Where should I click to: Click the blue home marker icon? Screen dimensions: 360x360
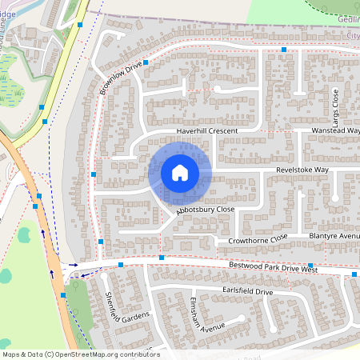180,173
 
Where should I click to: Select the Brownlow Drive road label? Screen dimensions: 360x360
121,78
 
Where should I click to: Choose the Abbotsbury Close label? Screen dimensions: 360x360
206,210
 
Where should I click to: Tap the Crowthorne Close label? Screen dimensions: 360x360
257,239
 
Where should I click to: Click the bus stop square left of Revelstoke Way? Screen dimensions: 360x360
94,174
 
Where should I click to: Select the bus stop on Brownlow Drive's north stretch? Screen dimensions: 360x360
283,50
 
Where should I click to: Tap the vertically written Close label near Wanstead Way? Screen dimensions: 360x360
334,102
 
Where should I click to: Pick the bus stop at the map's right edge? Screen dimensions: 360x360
354,274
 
